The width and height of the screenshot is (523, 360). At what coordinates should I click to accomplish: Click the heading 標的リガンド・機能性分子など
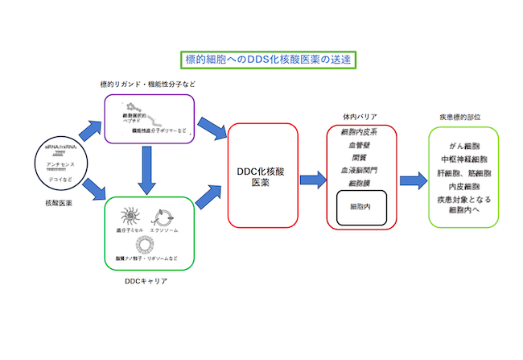148,84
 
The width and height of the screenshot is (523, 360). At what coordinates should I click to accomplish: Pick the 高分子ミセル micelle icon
130,217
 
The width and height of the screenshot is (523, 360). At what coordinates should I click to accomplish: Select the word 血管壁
360,146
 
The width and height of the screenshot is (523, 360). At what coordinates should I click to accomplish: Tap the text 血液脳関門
360,172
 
